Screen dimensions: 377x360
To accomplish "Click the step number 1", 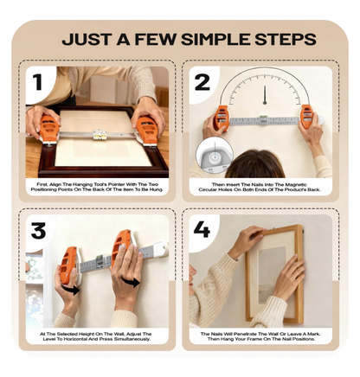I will [x=37, y=83].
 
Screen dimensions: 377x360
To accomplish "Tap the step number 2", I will [x=202, y=83].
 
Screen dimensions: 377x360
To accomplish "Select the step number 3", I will [x=38, y=232].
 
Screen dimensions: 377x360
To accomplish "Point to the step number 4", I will [x=202, y=231].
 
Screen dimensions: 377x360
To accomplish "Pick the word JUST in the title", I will [x=87, y=40].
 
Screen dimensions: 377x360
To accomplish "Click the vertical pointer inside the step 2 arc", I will [x=264, y=93].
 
